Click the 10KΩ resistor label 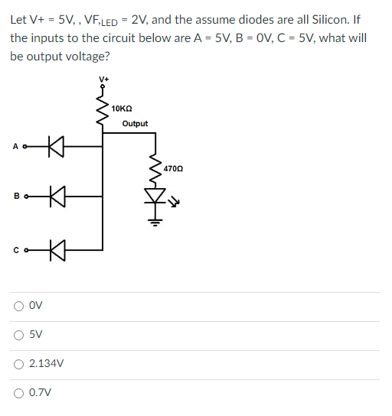(x=122, y=109)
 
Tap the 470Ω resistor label (x=174, y=167)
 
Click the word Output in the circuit (x=135, y=124)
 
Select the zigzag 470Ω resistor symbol (x=156, y=172)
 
